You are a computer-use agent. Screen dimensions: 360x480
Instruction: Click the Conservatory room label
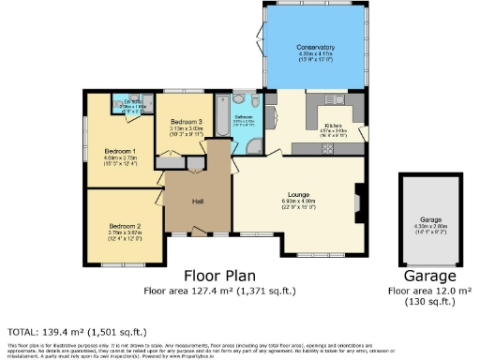pos(315,47)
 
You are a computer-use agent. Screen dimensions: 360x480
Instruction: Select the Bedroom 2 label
pos(124,226)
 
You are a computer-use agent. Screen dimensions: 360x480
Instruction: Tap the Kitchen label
pos(335,125)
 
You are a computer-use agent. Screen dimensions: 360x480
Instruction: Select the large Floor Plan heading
pos(223,277)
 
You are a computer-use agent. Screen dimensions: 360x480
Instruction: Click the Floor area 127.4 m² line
pos(222,292)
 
